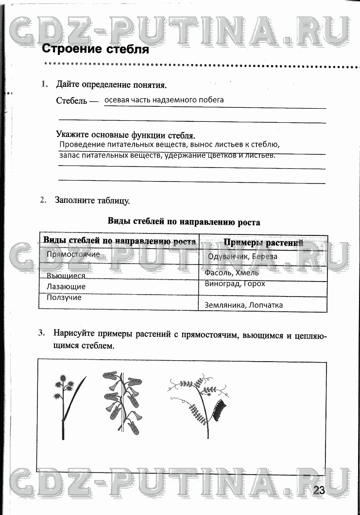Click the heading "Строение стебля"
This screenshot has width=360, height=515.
pos(95,49)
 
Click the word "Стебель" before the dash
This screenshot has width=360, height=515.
pos(71,101)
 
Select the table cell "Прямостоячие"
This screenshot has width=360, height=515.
pos(73,254)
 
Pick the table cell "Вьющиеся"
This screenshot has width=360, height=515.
pos(66,276)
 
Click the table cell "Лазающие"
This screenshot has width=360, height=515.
pos(66,286)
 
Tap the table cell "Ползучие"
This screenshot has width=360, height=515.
pos(64,298)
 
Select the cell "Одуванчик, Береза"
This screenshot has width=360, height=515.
pos(242,256)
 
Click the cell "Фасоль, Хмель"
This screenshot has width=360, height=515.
pos(232,273)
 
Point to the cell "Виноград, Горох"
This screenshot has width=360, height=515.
pos(235,283)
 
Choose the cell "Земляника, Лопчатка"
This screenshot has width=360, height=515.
pos(243,305)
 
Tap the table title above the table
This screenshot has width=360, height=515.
pos(183,222)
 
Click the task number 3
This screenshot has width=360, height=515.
pos(42,333)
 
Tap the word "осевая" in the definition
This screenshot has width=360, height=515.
pos(118,100)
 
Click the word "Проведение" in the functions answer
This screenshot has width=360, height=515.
pos(82,145)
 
